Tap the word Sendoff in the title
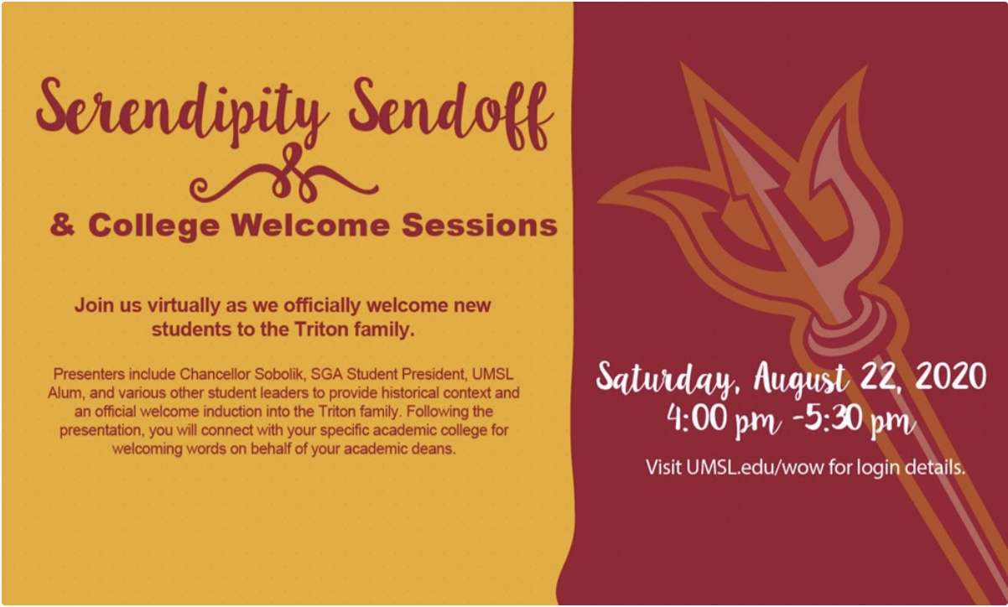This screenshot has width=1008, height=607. coord(451,112)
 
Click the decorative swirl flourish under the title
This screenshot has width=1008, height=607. coord(283,174)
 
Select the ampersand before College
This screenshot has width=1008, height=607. coord(62,225)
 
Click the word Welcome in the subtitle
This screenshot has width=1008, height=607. coord(310,225)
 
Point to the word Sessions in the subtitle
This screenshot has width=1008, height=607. coord(480,225)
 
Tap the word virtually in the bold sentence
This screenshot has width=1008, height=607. coord(184,305)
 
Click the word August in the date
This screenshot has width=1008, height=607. coord(802,379)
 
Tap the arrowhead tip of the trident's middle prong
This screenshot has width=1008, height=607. coord(717,122)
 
